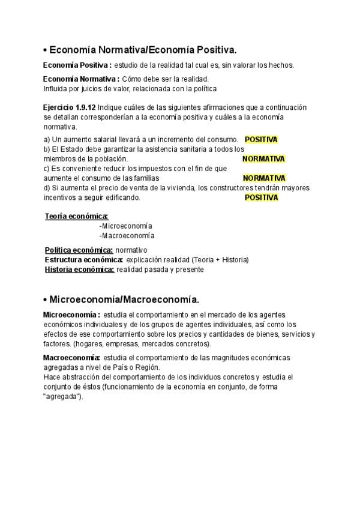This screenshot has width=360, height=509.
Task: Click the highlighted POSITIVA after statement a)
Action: coord(261,139)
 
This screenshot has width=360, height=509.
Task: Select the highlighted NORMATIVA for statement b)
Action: coord(263,159)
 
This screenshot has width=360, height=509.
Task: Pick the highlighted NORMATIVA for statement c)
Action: coord(263,178)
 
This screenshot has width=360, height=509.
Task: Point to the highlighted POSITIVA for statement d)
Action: coord(261,197)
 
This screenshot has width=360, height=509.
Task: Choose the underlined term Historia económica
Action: coord(79,270)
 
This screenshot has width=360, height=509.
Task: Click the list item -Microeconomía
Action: coord(125,226)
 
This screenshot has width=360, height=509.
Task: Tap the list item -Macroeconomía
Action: coord(126,236)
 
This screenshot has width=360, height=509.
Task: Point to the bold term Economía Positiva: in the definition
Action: coord(77,65)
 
